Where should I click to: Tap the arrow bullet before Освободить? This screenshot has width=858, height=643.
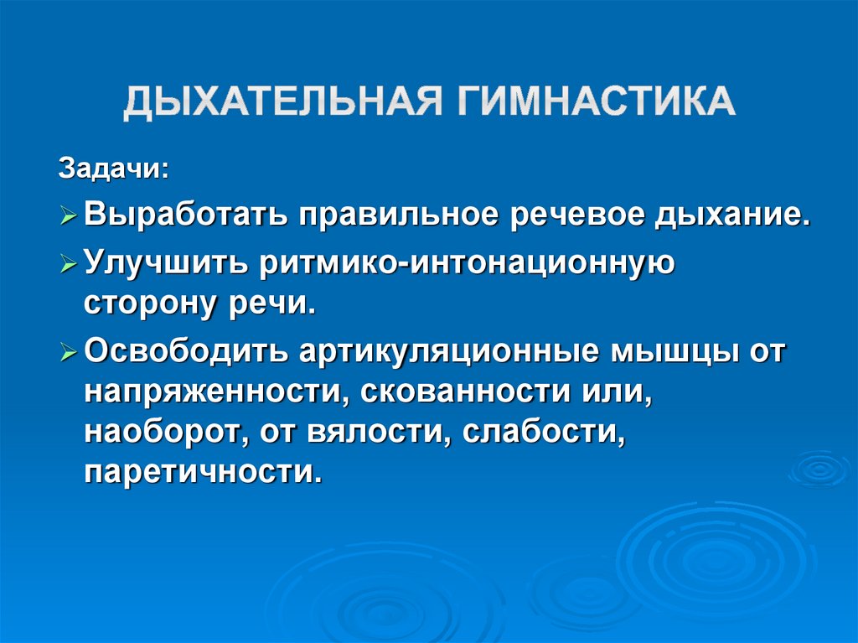(70, 351)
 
